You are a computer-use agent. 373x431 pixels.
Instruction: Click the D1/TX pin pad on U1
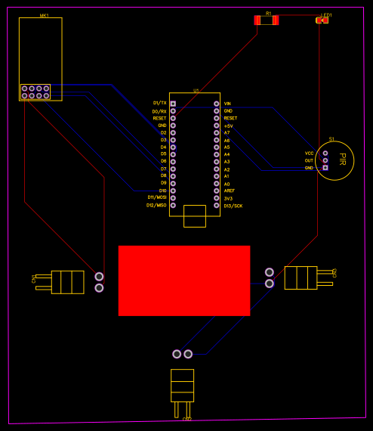173,104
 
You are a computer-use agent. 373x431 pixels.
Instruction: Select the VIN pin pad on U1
217,104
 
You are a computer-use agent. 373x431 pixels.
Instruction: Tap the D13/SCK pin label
233,206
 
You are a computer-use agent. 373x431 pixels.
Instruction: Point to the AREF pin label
229,191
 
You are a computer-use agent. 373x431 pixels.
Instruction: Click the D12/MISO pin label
156,206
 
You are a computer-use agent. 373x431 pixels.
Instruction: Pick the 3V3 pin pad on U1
217,198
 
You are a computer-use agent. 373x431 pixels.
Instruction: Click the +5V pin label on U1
228,126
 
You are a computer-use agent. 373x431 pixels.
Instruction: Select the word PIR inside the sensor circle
341,160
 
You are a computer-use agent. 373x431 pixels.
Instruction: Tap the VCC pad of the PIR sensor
325,153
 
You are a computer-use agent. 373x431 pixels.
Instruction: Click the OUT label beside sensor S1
309,160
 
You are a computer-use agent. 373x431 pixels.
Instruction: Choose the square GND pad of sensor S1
325,168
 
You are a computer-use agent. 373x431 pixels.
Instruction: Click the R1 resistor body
267,20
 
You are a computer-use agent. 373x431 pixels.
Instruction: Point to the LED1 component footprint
322,20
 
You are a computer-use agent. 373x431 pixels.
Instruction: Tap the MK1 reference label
45,15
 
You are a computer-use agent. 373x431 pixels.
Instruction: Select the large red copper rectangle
184,281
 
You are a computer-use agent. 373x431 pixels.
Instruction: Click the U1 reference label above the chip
196,91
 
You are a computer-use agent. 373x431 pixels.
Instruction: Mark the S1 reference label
331,139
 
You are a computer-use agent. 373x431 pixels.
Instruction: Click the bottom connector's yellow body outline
182,385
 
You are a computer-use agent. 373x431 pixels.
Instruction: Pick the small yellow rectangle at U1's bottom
195,216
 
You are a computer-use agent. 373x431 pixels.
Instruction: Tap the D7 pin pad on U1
173,169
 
